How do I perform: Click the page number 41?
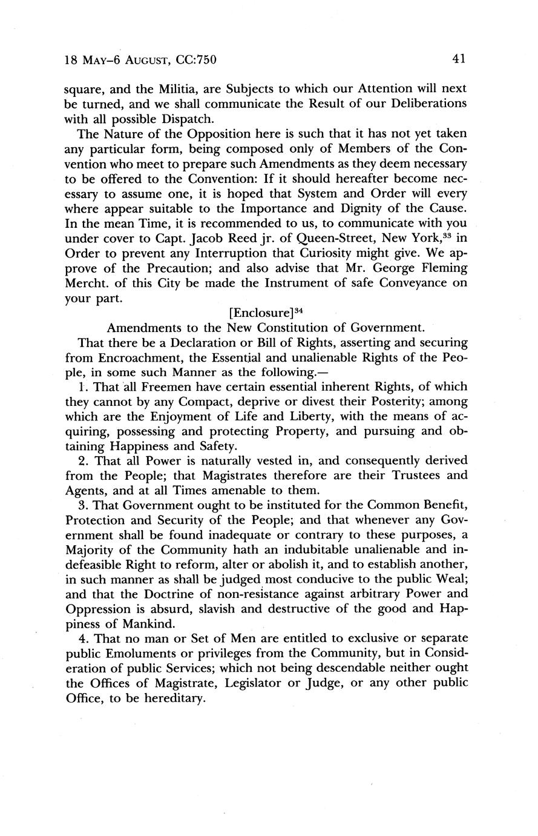(x=458, y=59)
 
